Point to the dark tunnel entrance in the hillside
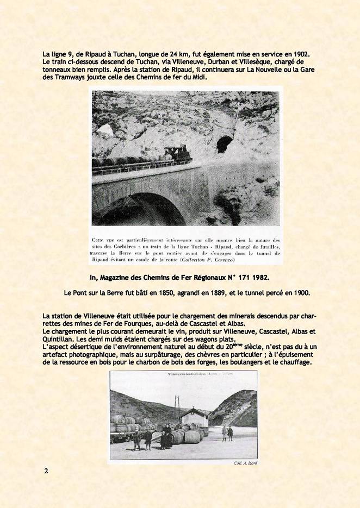pyautogui.click(x=224, y=144)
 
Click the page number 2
pyautogui.click(x=46, y=471)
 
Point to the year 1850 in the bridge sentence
pyautogui.click(x=166, y=293)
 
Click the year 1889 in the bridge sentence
pyautogui.click(x=222, y=293)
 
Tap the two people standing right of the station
pyautogui.click(x=227, y=433)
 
